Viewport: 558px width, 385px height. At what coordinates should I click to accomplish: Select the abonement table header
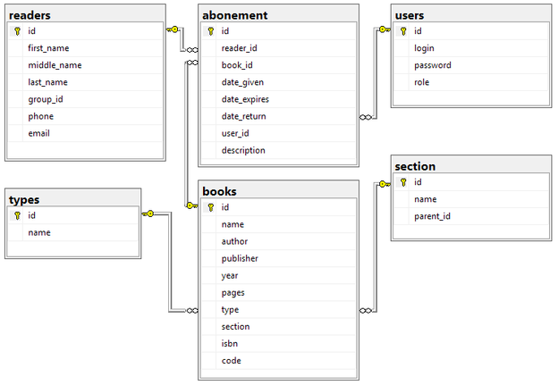235,15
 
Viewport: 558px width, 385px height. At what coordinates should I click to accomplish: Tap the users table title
409,15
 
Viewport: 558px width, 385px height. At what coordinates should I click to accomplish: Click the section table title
415,166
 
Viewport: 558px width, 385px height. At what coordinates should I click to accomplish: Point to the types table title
24,199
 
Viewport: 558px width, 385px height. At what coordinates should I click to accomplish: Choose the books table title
220,191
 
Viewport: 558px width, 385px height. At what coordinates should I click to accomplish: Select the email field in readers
39,133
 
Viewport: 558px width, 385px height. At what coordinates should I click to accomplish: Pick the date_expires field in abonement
245,99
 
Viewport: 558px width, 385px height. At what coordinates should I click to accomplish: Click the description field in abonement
243,150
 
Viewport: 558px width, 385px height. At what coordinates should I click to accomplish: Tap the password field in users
432,65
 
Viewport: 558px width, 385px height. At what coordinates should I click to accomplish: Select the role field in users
421,82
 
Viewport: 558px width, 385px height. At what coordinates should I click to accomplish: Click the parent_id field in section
432,216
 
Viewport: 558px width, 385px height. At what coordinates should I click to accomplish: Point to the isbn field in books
230,344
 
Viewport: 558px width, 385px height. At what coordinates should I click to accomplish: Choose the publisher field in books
240,258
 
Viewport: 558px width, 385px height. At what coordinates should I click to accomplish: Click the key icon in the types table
17,215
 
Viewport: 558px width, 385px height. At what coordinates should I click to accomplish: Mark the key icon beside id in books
211,207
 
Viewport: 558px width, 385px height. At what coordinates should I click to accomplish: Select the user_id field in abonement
236,133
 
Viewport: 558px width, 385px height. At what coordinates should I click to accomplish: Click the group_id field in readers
46,99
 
